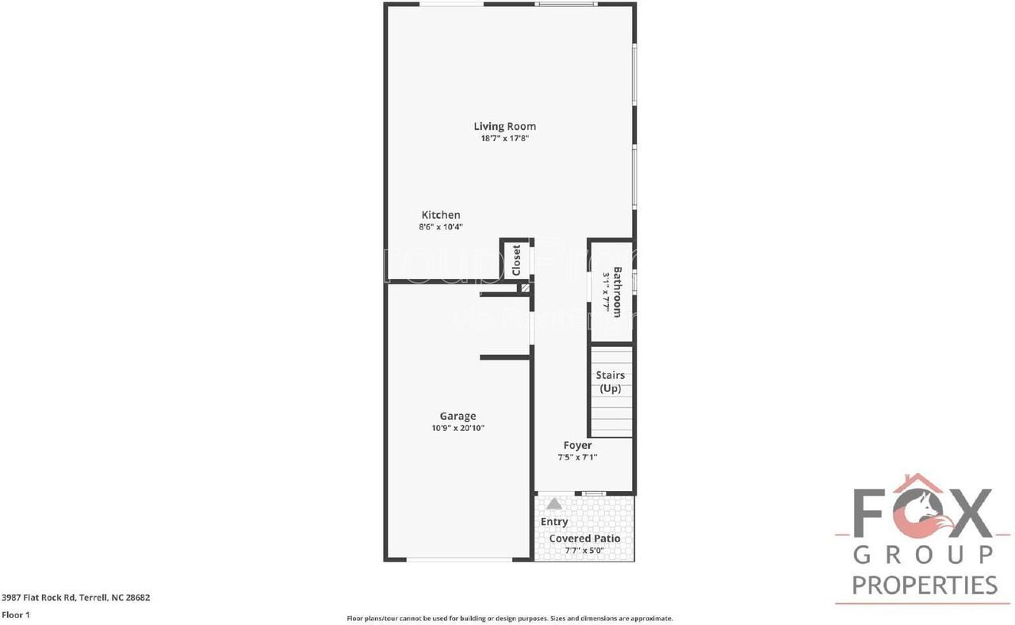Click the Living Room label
coord(504,126)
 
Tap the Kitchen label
coord(440,215)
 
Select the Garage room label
coord(458,416)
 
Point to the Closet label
coord(516,259)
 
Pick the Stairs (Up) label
coord(610,382)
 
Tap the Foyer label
coord(577,445)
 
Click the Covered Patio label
coord(584,539)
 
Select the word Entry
coord(554,521)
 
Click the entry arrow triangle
coord(554,503)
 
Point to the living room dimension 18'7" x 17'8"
coord(504,138)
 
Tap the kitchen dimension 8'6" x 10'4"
coord(440,227)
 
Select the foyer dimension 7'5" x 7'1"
coord(577,457)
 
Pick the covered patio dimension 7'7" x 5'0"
coord(584,550)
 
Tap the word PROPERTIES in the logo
coord(925,585)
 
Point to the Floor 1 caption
coord(15,615)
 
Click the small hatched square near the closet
coord(525,288)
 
